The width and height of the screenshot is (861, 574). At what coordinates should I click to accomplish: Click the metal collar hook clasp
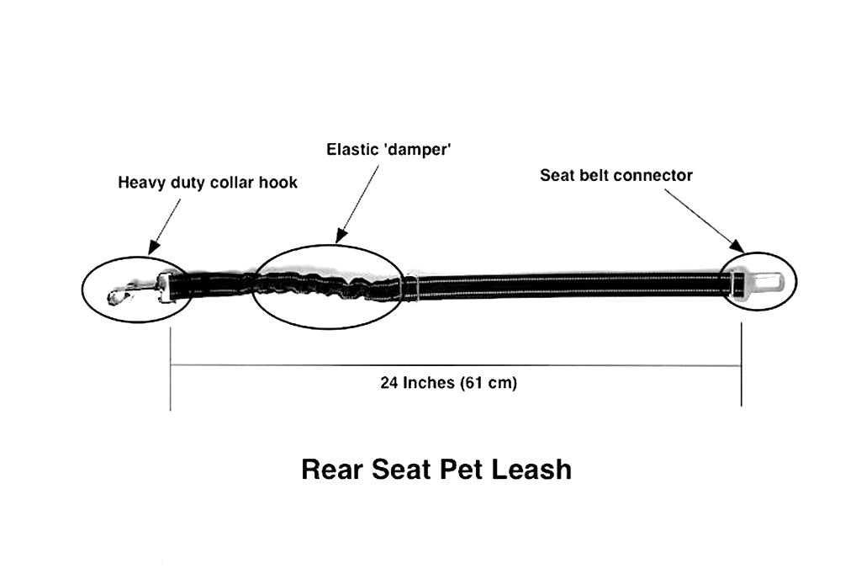pos(126,294)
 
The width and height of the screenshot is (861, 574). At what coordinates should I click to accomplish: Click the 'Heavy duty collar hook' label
pos(207,183)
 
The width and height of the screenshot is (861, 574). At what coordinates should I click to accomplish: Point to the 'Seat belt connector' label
pos(616,175)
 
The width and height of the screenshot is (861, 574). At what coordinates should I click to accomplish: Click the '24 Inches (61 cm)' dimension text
pos(449,383)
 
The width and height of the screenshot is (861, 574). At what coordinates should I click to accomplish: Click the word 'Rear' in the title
pos(332,469)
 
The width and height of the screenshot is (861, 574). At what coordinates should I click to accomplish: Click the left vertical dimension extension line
pos(171,370)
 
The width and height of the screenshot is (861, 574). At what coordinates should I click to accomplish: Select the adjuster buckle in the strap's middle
pos(409,285)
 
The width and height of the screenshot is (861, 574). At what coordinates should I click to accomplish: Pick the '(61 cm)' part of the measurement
pos(489,383)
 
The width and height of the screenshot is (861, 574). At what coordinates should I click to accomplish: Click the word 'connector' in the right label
pos(653,175)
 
